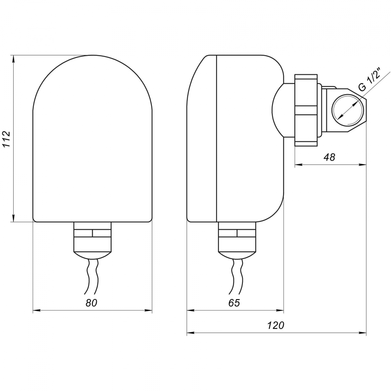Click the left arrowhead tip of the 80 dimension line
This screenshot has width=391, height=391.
coord(33,310)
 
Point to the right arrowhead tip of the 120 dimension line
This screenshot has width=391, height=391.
coord(366,332)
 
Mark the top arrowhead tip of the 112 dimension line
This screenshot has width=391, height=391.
coord(14,56)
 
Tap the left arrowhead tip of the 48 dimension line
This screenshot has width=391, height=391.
coord(295,165)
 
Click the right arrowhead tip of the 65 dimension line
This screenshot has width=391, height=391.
coord(283,310)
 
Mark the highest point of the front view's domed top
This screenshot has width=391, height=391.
coord(93,55)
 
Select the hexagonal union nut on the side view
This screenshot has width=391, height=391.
coord(306,110)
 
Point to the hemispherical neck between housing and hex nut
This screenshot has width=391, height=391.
coord(283,110)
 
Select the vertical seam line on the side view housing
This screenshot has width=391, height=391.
coord(217,138)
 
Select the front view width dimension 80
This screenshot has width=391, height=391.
coord(91,303)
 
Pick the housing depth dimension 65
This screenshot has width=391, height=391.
coord(234,303)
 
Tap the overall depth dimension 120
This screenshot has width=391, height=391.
coord(276,325)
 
